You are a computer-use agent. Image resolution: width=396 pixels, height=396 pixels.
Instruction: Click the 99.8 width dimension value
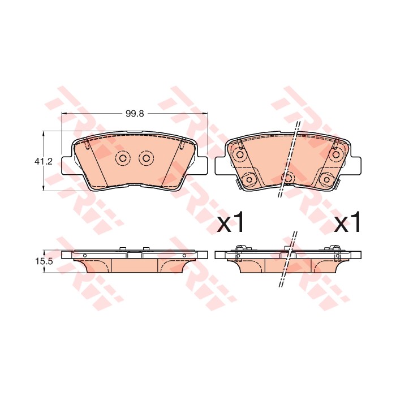[135, 114]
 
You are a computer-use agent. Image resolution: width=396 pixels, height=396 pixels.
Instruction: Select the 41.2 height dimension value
[43, 161]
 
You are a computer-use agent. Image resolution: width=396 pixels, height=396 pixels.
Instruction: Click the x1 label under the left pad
[231, 222]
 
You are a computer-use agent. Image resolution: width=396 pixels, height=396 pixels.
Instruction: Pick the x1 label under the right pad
[347, 222]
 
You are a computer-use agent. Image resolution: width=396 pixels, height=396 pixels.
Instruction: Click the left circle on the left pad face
[123, 158]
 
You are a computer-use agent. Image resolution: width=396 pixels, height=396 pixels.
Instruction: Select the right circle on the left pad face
[146, 158]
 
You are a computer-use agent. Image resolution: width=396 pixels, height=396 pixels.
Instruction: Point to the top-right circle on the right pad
[336, 154]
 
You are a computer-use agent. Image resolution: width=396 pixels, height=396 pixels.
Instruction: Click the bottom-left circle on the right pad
[249, 179]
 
